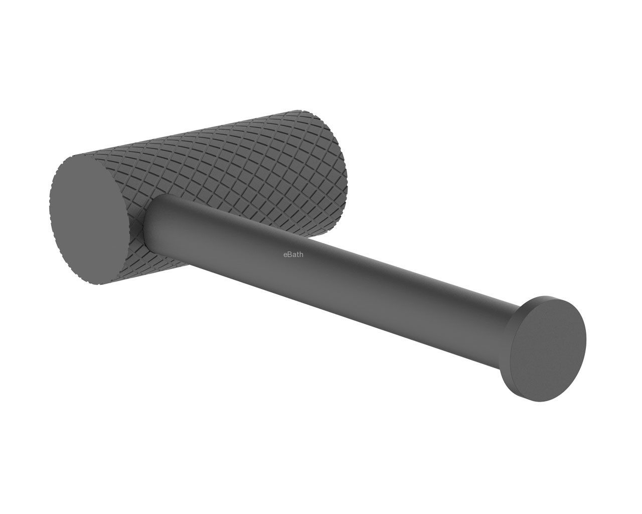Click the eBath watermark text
point(293,254)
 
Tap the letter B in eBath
point(289,254)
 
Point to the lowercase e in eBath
point(285,255)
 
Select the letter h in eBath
point(301,254)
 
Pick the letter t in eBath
point(298,255)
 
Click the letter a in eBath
point(294,255)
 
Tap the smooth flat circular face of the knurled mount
point(89,220)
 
